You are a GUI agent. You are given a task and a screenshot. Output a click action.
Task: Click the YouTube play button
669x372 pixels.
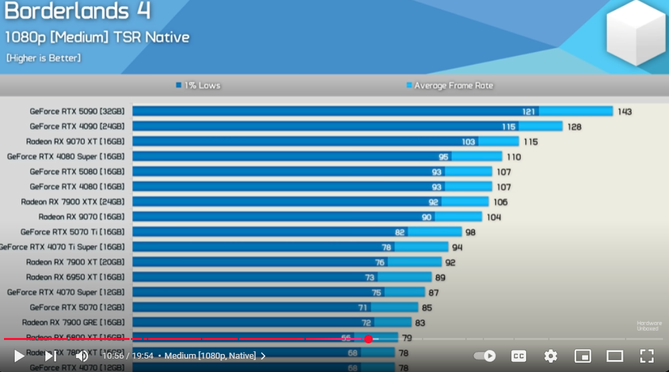(x=19, y=356)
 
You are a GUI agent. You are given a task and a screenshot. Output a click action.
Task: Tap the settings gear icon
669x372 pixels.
(x=550, y=356)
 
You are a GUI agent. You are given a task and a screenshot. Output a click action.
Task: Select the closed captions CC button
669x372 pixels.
(x=519, y=356)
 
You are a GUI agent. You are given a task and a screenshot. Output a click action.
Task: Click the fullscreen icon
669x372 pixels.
(x=646, y=356)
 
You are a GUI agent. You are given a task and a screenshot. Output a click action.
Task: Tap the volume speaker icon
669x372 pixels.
(x=81, y=356)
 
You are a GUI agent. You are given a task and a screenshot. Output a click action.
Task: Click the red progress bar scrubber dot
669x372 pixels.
(x=368, y=339)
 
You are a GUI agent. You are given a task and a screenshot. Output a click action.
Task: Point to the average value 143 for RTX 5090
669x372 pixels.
(x=624, y=111)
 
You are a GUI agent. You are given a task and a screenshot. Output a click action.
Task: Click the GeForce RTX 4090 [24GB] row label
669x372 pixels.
(x=77, y=126)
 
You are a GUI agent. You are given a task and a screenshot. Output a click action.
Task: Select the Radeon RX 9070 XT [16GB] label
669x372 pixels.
(x=75, y=141)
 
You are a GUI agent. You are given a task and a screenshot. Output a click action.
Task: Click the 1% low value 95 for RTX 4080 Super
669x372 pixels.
(x=443, y=157)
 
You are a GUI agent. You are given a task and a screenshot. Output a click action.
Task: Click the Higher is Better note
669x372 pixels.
(x=43, y=58)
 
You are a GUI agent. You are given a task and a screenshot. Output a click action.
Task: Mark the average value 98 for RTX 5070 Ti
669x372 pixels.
(x=470, y=232)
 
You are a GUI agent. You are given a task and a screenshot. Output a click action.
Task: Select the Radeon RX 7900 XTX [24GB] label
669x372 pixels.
(x=72, y=201)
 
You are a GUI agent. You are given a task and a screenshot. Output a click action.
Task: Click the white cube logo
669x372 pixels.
(x=635, y=33)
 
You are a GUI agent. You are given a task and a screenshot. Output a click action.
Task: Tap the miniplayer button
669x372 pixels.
(x=582, y=356)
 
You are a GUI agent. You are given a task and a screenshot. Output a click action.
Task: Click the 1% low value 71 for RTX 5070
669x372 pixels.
(x=363, y=307)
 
